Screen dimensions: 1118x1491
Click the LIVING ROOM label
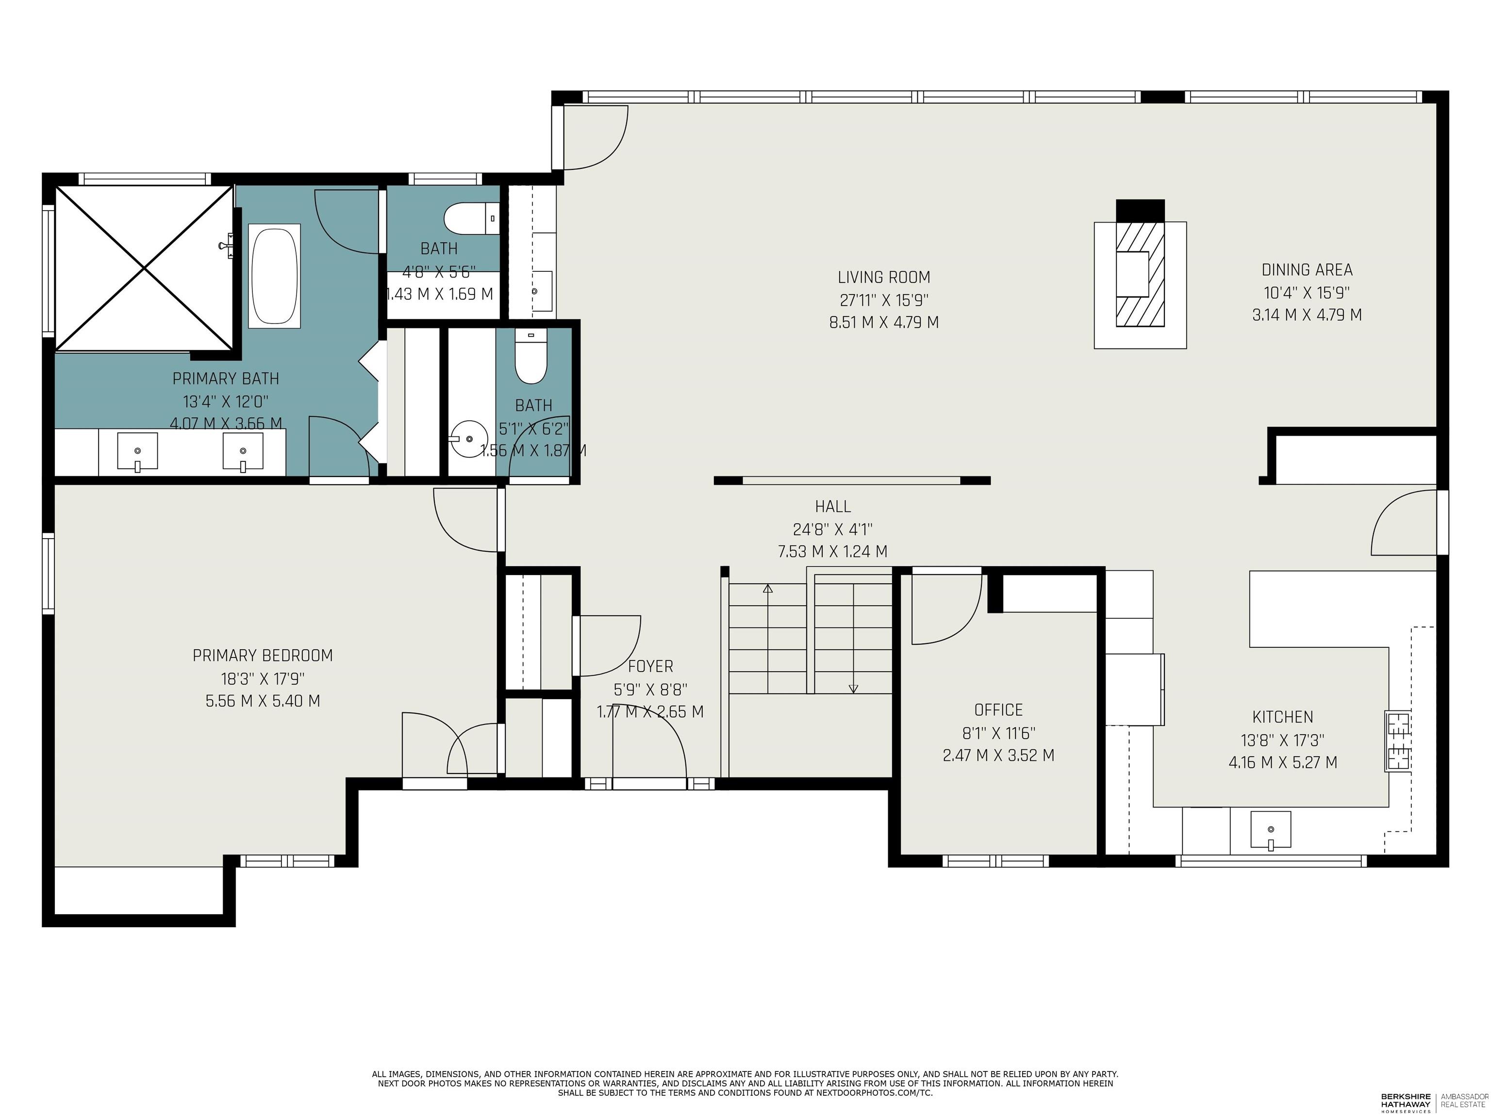[884, 277]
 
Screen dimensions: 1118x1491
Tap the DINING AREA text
[1306, 270]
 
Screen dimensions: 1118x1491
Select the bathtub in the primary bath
[274, 276]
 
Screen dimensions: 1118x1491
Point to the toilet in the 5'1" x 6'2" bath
[530, 357]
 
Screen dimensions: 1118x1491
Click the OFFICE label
[998, 709]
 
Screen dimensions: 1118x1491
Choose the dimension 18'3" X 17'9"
[262, 678]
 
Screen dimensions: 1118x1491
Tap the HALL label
[832, 506]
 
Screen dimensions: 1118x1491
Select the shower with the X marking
[144, 268]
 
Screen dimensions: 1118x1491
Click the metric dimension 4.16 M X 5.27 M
[1282, 762]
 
